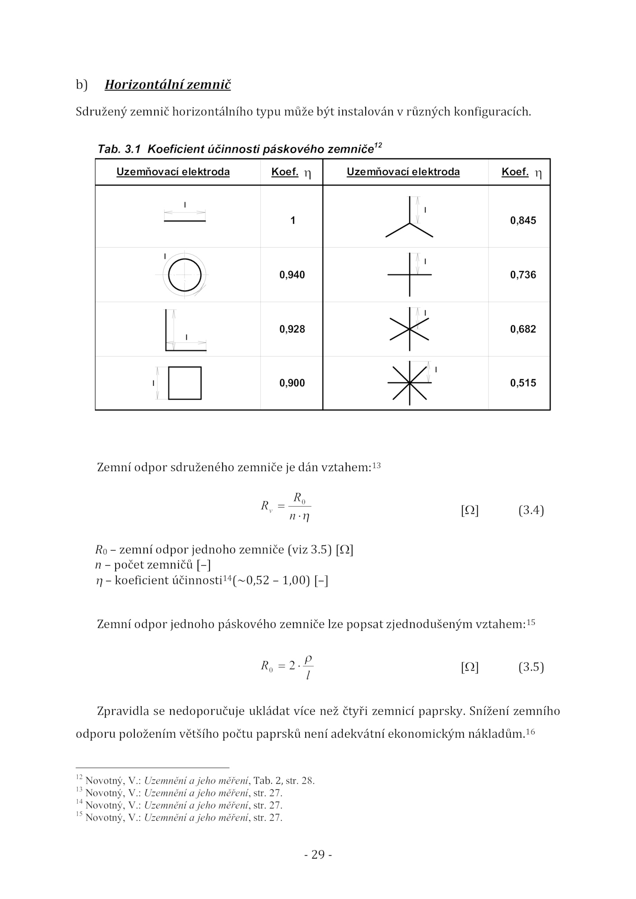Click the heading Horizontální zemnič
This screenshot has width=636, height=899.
pos(167,85)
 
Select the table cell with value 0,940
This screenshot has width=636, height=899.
pos(292,275)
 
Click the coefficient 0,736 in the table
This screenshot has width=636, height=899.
pos(523,275)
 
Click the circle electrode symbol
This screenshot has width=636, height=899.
pos(184,275)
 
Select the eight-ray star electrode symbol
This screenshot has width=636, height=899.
pos(409,383)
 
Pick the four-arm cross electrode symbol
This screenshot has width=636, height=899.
pos(409,275)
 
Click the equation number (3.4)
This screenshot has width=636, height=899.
pos(531,510)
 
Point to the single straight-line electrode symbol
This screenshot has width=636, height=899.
pos(184,220)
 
